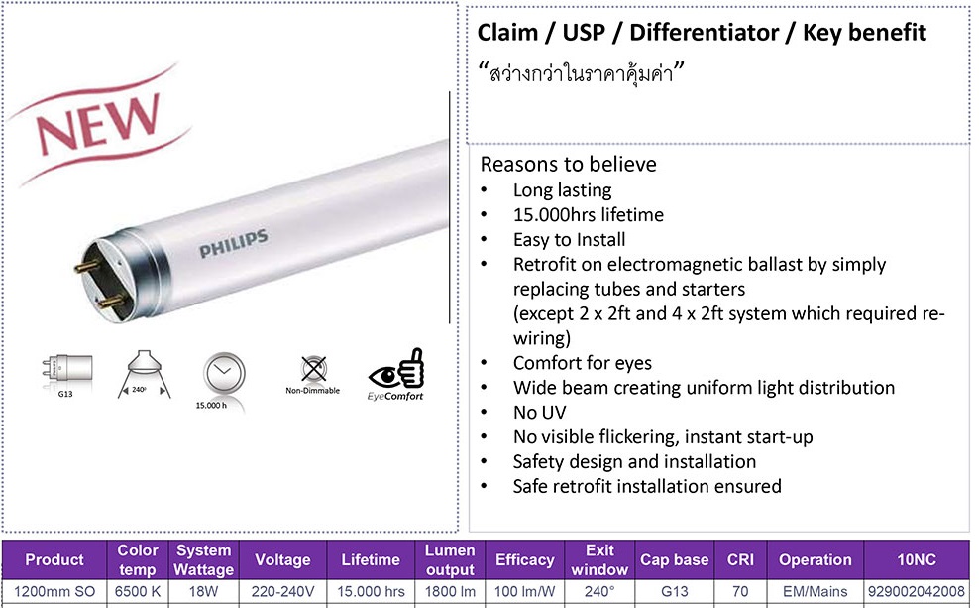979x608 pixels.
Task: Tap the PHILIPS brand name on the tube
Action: [234, 243]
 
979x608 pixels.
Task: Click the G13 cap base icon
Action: [66, 374]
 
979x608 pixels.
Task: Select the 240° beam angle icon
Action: [144, 374]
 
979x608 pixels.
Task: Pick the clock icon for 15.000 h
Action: [224, 374]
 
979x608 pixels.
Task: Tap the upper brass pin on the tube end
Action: [87, 267]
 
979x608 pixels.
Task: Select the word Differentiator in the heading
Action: [704, 33]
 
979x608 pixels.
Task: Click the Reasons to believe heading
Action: [568, 164]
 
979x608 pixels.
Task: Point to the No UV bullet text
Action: [539, 413]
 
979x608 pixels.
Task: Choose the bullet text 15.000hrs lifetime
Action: [589, 215]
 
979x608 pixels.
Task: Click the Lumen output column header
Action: [450, 559]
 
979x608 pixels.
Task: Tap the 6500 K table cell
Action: [138, 591]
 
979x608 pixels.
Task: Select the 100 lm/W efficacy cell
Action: [524, 591]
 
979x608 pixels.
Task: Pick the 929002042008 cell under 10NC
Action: [916, 591]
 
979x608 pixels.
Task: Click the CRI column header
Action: [740, 559]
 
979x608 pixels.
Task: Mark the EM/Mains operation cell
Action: [815, 591]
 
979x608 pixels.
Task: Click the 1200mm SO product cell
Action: [54, 591]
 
